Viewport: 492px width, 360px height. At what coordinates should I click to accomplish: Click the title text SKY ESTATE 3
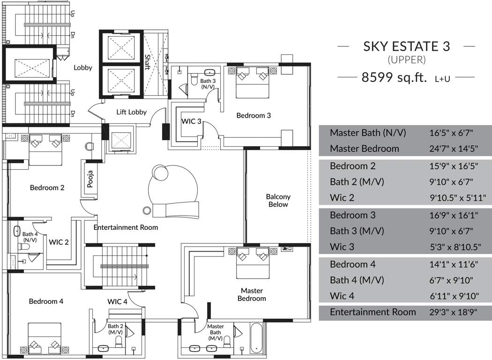coord(406,46)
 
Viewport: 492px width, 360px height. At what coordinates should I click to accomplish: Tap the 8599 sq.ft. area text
coord(394,78)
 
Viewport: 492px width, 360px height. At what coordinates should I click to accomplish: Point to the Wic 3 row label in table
coord(342,247)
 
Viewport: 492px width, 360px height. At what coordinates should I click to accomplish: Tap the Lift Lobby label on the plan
coord(132,112)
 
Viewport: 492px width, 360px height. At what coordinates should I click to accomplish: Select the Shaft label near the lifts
coord(147,62)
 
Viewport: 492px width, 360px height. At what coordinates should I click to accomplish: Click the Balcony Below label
coord(278,201)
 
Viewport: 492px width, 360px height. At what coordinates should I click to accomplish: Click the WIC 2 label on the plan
coord(59,242)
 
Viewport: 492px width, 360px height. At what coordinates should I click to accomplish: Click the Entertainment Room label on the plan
coord(126,227)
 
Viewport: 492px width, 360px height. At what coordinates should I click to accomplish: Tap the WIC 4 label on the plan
coord(117,301)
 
